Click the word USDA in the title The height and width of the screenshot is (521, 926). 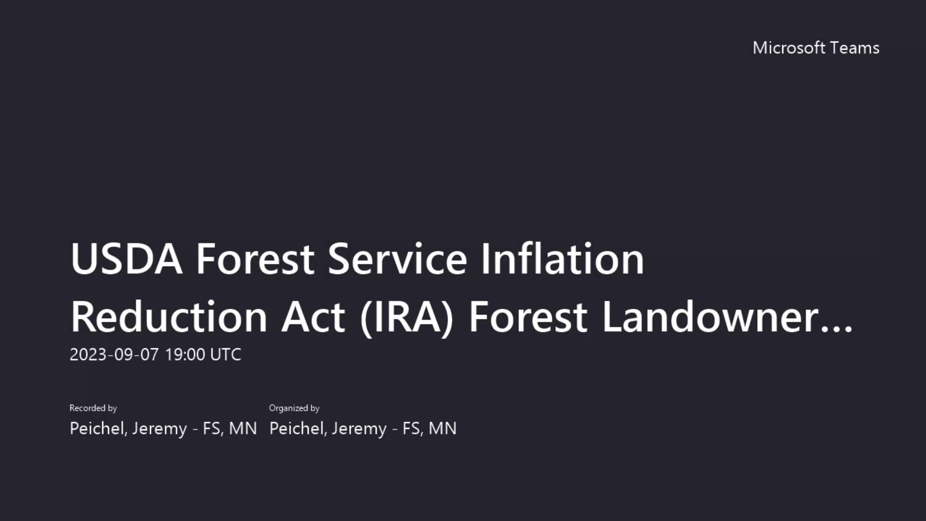tap(126, 259)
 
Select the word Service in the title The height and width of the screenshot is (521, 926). tap(397, 259)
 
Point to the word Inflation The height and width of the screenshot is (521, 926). tap(562, 259)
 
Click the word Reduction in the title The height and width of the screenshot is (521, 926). tap(169, 317)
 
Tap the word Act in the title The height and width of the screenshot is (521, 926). tap(313, 317)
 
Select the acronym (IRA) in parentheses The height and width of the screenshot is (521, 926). tap(407, 317)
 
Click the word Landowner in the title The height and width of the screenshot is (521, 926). tap(710, 317)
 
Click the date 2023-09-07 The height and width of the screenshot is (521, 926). tap(114, 355)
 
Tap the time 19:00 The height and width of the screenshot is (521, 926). tap(185, 355)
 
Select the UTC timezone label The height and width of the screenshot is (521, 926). tap(226, 355)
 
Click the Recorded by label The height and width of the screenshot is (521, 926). tap(93, 408)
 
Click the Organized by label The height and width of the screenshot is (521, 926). tap(294, 408)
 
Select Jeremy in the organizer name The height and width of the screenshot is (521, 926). tap(359, 428)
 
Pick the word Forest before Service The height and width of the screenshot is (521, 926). tap(255, 259)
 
